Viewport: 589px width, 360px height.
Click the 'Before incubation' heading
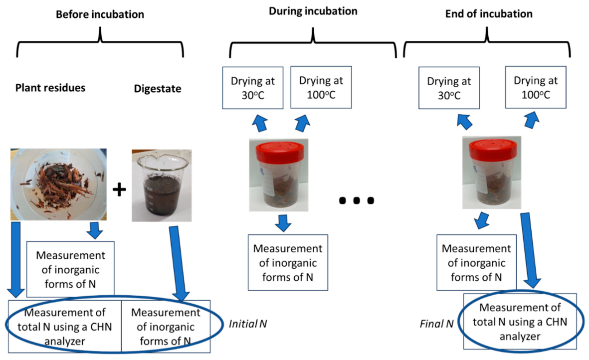[x=100, y=14]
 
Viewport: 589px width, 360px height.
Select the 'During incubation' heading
[x=313, y=11]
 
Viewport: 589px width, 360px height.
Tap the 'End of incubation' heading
[x=489, y=14]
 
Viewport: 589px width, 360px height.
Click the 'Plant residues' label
[x=50, y=88]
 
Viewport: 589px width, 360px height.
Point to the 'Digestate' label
[x=158, y=89]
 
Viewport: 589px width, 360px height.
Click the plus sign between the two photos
[x=119, y=189]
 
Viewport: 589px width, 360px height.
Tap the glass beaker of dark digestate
[x=162, y=185]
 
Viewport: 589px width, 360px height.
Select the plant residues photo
[x=58, y=184]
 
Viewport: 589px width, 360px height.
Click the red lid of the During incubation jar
[x=280, y=152]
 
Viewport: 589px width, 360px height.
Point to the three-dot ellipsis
[x=357, y=200]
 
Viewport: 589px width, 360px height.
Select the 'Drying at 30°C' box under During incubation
[x=253, y=88]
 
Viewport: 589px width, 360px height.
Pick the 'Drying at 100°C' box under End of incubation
[x=536, y=87]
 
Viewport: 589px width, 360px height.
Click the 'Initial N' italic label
[x=248, y=324]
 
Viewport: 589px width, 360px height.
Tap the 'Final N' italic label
[x=436, y=324]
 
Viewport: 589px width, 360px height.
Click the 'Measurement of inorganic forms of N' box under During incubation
[x=288, y=263]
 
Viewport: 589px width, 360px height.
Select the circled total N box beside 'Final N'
[x=520, y=322]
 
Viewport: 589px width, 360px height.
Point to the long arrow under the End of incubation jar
[x=530, y=250]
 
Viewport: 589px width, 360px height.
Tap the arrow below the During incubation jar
[x=283, y=223]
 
